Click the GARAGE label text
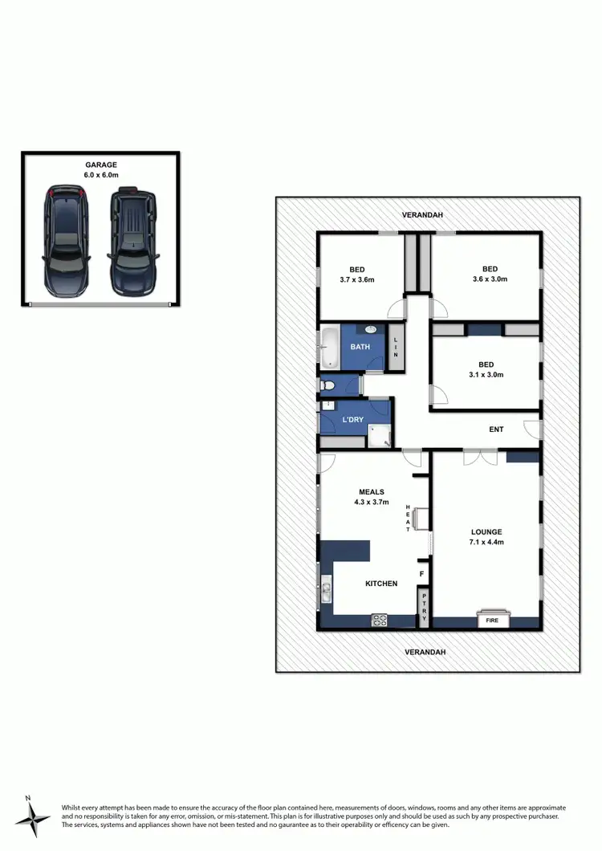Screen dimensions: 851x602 click(101, 165)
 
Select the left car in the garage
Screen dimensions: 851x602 click(66, 240)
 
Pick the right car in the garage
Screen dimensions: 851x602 click(131, 240)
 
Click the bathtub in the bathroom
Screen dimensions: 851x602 click(330, 347)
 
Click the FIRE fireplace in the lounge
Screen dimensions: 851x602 click(491, 620)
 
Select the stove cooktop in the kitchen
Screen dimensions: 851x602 click(379, 620)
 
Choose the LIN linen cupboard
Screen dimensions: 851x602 click(395, 347)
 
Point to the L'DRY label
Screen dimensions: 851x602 click(353, 420)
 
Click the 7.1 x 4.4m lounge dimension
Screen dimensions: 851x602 click(486, 543)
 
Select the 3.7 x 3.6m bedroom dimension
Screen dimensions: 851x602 click(356, 279)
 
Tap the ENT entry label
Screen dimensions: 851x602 click(496, 430)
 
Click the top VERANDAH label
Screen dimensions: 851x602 click(425, 215)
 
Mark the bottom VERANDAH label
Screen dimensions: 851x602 click(425, 652)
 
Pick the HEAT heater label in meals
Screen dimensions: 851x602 click(408, 518)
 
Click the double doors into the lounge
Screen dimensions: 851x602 click(480, 457)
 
